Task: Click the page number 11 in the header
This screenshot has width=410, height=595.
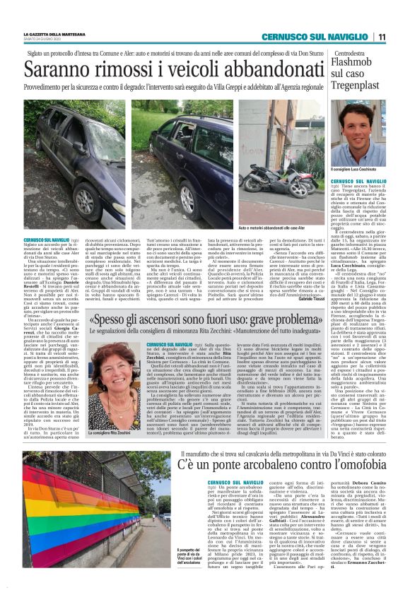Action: [381, 37]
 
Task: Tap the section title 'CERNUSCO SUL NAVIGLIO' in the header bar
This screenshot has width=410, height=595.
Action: [311, 37]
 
